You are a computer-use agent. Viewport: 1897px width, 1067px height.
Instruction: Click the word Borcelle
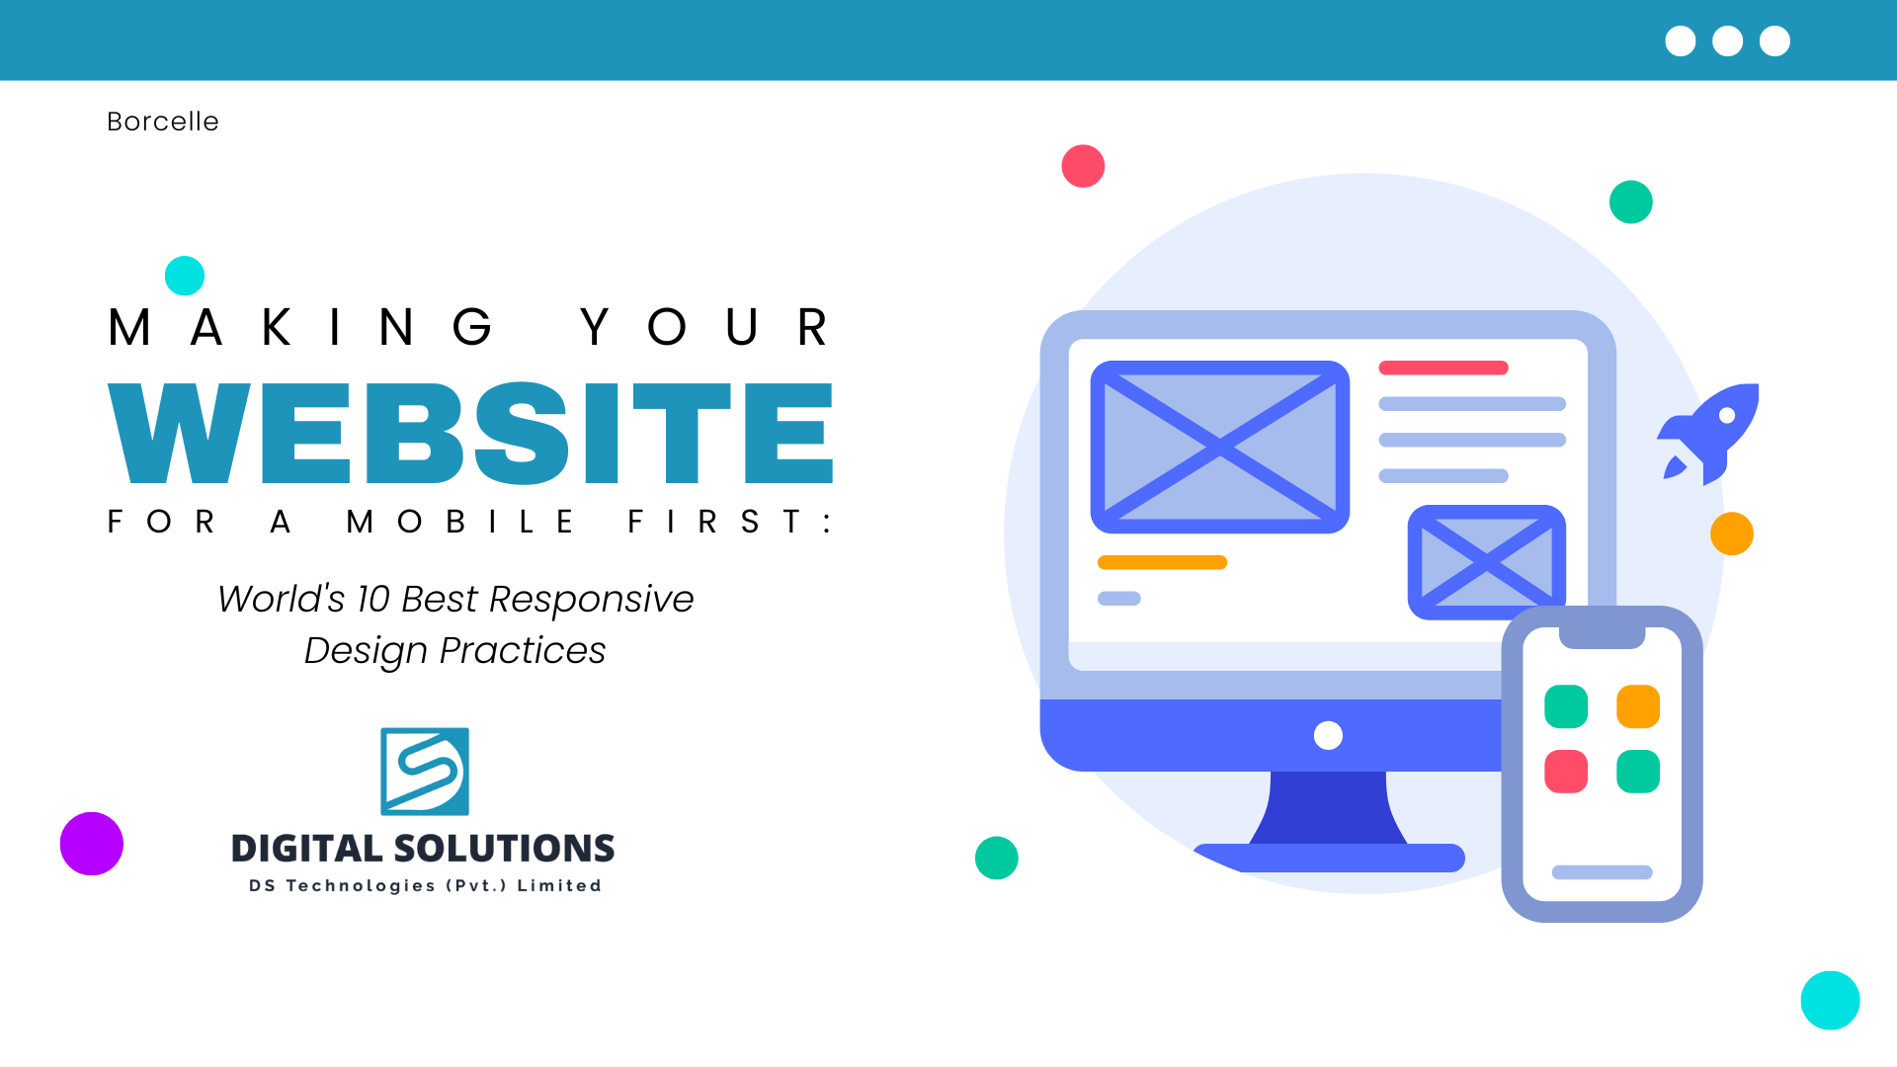pyautogui.click(x=163, y=122)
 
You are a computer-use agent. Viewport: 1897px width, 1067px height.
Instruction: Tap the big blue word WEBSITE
pyautogui.click(x=470, y=433)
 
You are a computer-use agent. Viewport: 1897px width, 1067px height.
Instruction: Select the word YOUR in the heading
pyautogui.click(x=703, y=327)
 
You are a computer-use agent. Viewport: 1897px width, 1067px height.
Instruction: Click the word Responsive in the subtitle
pyautogui.click(x=591, y=599)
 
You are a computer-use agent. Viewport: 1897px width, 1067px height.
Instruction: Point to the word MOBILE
pyautogui.click(x=459, y=522)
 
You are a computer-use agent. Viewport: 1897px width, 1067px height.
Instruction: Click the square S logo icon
pyautogui.click(x=425, y=772)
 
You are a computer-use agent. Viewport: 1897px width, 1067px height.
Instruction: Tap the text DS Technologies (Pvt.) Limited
pyautogui.click(x=425, y=885)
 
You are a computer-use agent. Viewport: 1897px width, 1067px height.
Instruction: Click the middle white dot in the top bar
pyautogui.click(x=1727, y=41)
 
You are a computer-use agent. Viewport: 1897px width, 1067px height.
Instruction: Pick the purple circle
pyautogui.click(x=92, y=844)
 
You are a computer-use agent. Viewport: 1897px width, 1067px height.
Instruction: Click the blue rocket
pyautogui.click(x=1709, y=433)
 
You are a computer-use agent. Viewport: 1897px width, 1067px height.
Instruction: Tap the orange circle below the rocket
pyautogui.click(x=1732, y=533)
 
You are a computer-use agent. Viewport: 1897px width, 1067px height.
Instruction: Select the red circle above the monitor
pyautogui.click(x=1083, y=166)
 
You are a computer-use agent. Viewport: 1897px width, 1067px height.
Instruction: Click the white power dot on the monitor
pyautogui.click(x=1328, y=735)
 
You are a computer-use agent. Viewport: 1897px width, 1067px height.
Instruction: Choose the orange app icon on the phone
pyautogui.click(x=1638, y=706)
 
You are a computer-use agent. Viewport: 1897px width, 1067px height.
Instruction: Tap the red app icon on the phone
pyautogui.click(x=1566, y=772)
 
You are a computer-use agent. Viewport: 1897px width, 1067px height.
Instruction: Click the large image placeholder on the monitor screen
pyautogui.click(x=1220, y=447)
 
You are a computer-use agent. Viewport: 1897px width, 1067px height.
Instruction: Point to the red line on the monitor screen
pyautogui.click(x=1443, y=368)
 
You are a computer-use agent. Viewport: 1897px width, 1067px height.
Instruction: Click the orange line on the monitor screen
pyautogui.click(x=1162, y=562)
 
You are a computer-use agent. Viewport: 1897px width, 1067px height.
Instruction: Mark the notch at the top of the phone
pyautogui.click(x=1602, y=638)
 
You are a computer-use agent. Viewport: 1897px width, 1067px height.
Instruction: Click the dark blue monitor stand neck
pyautogui.click(x=1328, y=807)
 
